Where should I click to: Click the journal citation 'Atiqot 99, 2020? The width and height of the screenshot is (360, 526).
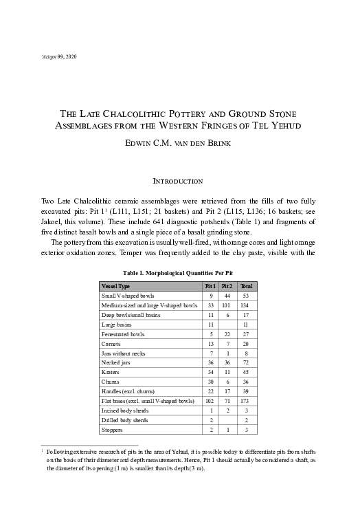point(59,55)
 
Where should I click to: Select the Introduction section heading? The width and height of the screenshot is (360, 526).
point(179,182)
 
